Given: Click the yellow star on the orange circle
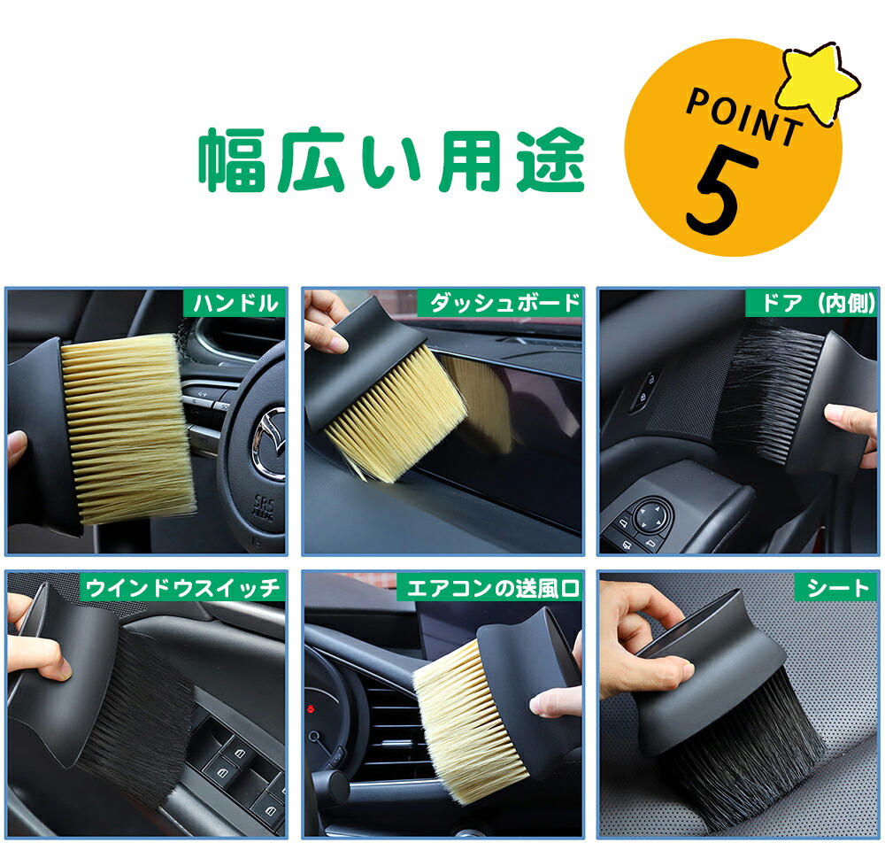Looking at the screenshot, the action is pyautogui.click(x=818, y=82).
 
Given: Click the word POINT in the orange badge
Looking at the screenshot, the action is pyautogui.click(x=744, y=117).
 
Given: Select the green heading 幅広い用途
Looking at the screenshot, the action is pyautogui.click(x=392, y=160).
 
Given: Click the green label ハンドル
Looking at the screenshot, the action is pyautogui.click(x=235, y=303).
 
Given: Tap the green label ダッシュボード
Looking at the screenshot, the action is pyautogui.click(x=500, y=303).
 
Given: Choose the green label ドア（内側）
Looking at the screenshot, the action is pyautogui.click(x=812, y=303).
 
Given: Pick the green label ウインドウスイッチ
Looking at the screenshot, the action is pyautogui.click(x=183, y=588).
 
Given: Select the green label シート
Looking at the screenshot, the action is pyautogui.click(x=836, y=588).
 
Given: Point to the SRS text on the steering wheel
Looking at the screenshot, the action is pyautogui.click(x=264, y=502).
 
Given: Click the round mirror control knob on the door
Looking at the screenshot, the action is pyautogui.click(x=652, y=514).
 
